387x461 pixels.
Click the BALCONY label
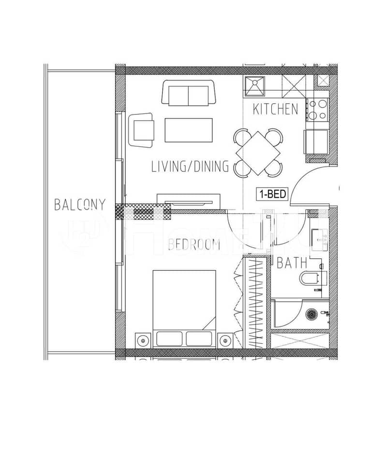79,205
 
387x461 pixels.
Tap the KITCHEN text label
275,109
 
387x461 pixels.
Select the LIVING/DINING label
190,166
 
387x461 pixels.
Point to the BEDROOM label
194,245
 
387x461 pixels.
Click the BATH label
292,263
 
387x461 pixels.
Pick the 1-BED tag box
272,194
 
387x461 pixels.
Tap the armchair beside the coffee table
141,130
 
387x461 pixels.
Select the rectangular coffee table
189,130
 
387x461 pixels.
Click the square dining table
258,153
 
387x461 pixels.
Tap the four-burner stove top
317,110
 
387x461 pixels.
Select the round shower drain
312,314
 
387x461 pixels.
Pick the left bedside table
143,340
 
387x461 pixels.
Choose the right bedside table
225,340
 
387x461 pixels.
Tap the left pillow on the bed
169,339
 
